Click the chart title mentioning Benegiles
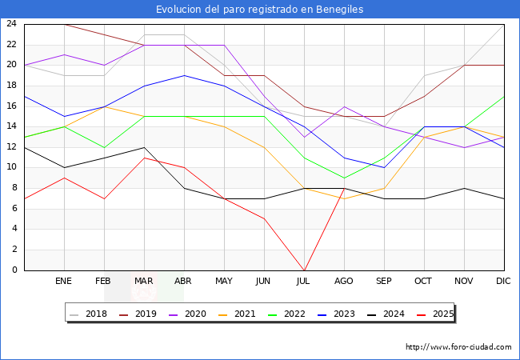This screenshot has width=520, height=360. point(260,10)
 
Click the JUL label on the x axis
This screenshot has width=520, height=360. point(304,282)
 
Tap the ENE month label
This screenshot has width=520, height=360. point(64,282)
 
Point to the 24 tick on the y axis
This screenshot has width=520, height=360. point(11,24)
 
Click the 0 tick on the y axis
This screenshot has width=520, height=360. point(14,270)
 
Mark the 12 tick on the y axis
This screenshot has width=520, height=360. point(11,147)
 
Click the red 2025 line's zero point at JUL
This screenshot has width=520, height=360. point(304,270)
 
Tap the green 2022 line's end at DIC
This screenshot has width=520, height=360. point(504,96)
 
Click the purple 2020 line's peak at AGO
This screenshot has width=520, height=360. point(344,106)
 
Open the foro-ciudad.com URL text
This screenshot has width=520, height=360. point(458,347)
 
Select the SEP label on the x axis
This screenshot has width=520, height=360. point(384,282)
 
